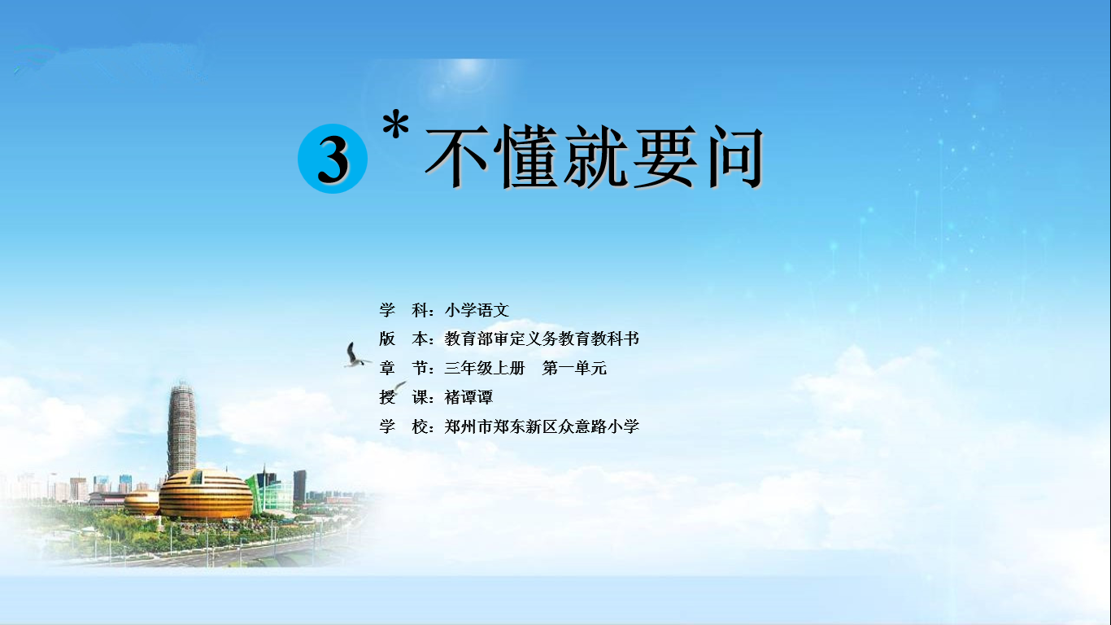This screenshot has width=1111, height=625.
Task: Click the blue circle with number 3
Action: (333, 159)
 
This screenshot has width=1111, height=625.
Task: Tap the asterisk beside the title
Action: (396, 125)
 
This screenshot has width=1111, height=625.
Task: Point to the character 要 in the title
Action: (664, 156)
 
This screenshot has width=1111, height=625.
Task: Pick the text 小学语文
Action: (477, 310)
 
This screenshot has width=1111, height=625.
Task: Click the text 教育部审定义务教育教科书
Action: (542, 339)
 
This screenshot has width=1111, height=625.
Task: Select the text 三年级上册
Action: (485, 369)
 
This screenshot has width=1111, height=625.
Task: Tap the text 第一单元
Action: (574, 369)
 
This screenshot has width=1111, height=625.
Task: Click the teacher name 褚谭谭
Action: (468, 397)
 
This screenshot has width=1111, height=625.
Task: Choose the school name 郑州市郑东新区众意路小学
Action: (542, 426)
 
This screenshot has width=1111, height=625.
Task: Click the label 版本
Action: (403, 339)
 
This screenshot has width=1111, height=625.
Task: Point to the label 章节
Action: (403, 369)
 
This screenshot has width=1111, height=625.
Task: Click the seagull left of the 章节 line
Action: (355, 355)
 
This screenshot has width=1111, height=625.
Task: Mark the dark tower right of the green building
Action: (299, 486)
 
